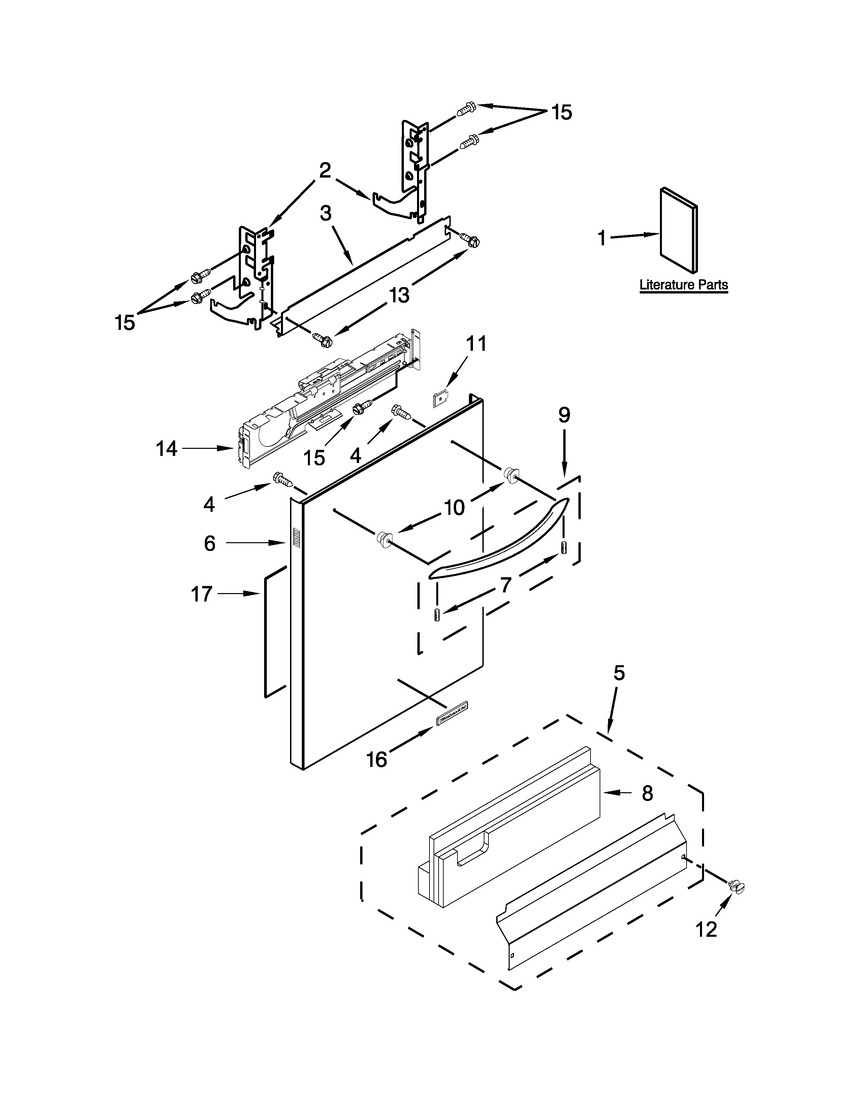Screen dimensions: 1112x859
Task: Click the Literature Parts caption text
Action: point(683,285)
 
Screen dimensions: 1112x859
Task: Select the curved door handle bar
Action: point(499,540)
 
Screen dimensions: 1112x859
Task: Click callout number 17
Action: point(201,594)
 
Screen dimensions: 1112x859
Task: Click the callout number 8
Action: point(647,793)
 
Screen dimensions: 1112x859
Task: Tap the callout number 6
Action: point(210,544)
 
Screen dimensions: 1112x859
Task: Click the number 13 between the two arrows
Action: point(400,295)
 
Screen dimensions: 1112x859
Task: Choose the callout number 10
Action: point(454,507)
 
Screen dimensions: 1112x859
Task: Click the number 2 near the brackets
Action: point(325,170)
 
